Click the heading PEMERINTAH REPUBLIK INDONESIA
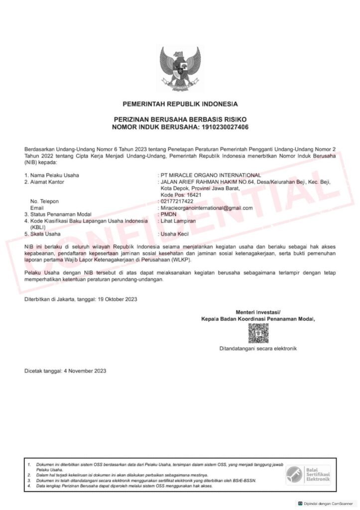tap(180, 104)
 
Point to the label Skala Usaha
tap(45, 234)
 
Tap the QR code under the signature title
tap(258, 334)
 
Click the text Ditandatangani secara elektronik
tap(258, 349)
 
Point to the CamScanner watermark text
tap(328, 503)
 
